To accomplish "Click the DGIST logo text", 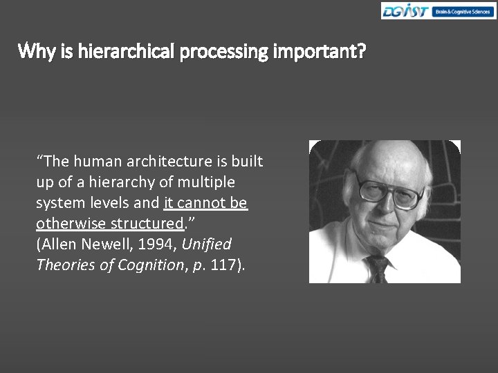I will click(x=406, y=12).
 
